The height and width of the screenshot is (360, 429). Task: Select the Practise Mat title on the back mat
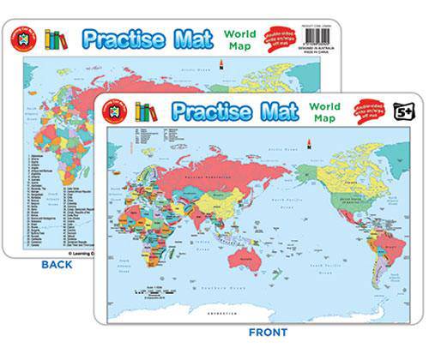coord(144,39)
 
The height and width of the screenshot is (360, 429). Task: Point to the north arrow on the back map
coord(222,65)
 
